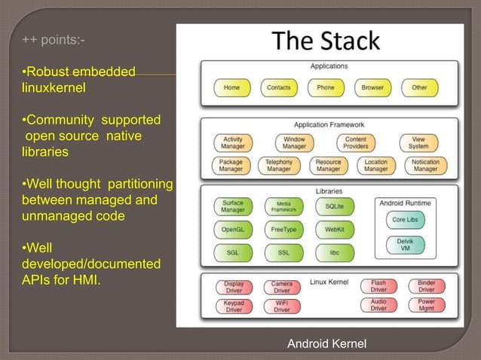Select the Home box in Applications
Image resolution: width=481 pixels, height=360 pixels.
tap(232, 87)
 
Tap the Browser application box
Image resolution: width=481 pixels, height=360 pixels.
tap(372, 87)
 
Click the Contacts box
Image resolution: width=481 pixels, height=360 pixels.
tap(278, 87)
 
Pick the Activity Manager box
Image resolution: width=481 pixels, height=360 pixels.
tap(232, 143)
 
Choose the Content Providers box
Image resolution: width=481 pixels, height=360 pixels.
tap(355, 143)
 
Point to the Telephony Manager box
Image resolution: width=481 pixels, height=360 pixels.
tap(279, 165)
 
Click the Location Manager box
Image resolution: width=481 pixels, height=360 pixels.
tap(375, 165)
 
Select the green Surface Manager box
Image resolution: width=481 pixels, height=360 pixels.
tap(232, 206)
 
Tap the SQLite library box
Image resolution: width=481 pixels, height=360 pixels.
tap(335, 206)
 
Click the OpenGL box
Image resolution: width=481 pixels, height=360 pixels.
tap(232, 229)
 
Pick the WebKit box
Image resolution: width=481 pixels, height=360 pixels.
tap(335, 229)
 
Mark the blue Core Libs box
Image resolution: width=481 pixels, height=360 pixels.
tap(409, 220)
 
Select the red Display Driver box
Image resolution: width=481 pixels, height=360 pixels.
tap(234, 287)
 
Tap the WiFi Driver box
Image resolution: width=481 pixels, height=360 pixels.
tap(281, 306)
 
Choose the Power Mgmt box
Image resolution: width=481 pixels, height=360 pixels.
tap(426, 306)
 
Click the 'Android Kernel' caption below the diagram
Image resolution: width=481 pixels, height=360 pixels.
tap(326, 344)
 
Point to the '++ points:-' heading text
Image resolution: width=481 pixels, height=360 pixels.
tap(53, 39)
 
